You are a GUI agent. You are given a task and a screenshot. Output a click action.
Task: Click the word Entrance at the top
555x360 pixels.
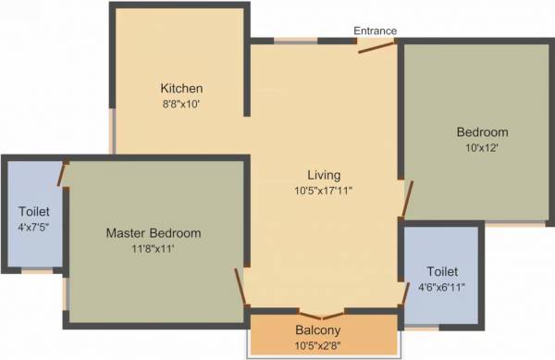click(375, 31)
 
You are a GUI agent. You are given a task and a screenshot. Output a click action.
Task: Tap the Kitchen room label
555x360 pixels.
click(180, 89)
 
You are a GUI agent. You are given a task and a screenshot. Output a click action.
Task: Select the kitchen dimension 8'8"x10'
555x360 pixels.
click(180, 105)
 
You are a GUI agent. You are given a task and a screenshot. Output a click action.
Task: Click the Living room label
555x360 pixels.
click(324, 175)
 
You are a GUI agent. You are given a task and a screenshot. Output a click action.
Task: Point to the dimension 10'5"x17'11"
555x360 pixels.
click(324, 191)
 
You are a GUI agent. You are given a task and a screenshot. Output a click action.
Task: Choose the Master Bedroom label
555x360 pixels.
click(153, 233)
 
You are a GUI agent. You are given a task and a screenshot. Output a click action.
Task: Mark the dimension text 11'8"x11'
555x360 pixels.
click(153, 249)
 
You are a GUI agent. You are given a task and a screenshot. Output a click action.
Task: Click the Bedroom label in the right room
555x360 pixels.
click(482, 131)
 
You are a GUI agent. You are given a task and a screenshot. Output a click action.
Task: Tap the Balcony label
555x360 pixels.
click(318, 330)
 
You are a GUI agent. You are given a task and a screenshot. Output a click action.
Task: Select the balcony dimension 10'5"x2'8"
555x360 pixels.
click(318, 346)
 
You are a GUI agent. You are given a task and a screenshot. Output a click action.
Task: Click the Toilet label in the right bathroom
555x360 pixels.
click(442, 272)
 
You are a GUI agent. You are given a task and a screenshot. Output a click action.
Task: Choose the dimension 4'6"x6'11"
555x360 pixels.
click(442, 287)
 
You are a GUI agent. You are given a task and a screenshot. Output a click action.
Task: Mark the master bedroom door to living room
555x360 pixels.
click(241, 287)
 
